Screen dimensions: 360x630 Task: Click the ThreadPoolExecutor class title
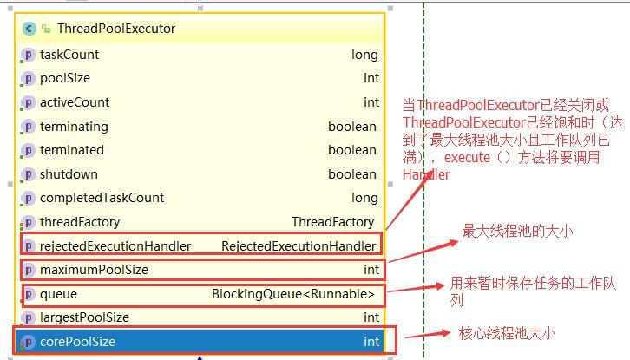point(115,29)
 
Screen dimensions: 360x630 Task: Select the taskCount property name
point(69,55)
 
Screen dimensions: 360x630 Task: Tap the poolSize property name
point(65,78)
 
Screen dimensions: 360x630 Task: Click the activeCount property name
point(75,102)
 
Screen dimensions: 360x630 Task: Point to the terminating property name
point(74,127)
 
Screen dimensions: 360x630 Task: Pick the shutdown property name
point(69,174)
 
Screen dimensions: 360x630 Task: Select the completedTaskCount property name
point(102,198)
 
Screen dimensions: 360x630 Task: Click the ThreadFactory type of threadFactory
point(332,222)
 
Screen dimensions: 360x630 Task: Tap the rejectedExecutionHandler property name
point(115,246)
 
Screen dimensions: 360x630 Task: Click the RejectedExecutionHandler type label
point(299,246)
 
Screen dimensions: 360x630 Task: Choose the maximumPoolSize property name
point(94,270)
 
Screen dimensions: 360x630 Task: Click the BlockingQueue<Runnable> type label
point(293,294)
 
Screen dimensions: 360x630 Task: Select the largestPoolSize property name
point(84,317)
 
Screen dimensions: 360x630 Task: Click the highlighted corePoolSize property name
point(77,342)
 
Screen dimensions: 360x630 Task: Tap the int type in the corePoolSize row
point(371,342)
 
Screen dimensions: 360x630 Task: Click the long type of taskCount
point(364,55)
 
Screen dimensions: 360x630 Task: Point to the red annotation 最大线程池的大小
point(517,232)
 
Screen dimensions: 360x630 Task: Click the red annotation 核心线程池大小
point(507,333)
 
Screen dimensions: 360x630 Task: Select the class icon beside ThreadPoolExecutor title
point(29,29)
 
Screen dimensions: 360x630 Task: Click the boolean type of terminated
point(351,150)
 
